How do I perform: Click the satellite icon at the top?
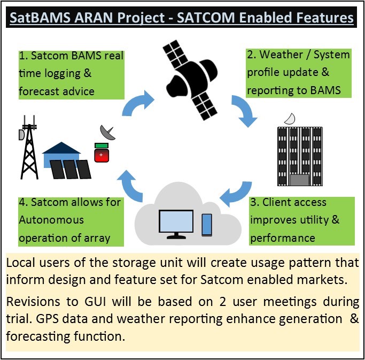(x=190, y=80)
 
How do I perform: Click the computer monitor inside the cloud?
(x=176, y=224)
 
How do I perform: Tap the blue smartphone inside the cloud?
(x=207, y=225)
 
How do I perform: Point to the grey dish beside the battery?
(x=107, y=132)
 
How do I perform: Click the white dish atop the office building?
(x=290, y=119)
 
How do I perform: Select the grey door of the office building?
(x=300, y=180)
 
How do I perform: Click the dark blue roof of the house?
(x=61, y=148)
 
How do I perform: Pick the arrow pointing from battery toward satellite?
(x=137, y=103)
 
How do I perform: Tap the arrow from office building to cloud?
(x=237, y=194)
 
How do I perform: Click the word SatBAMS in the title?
(x=40, y=18)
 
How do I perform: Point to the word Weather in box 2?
(x=281, y=55)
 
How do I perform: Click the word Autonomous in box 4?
(x=51, y=220)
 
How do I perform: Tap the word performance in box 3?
(x=283, y=239)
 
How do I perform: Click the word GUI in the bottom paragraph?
(x=95, y=302)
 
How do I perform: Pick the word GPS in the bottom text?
(x=47, y=319)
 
